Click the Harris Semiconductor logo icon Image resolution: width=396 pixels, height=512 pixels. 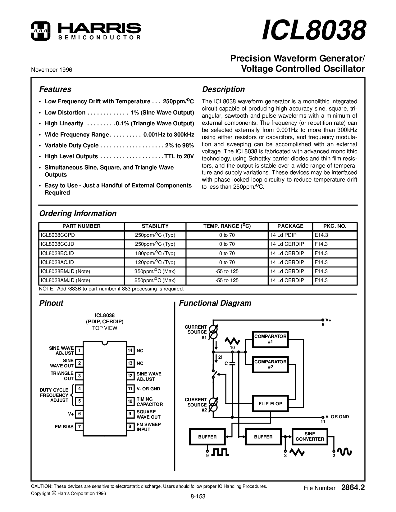40,31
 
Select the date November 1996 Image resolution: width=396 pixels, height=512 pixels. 52,70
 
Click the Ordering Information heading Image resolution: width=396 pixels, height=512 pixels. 78,213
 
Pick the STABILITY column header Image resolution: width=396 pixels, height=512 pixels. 155,226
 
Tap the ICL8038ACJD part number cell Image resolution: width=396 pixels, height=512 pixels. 57,262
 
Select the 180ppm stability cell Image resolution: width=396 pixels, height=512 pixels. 155,253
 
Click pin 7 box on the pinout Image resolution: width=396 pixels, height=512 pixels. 80,427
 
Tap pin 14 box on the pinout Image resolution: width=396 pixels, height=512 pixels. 130,351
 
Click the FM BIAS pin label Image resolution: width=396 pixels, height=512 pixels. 64,427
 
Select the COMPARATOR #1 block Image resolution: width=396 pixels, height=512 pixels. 270,339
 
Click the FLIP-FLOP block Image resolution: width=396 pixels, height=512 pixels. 270,404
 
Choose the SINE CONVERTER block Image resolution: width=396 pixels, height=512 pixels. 309,437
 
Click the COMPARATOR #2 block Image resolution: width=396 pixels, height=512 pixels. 270,364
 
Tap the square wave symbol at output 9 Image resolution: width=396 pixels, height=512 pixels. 220,452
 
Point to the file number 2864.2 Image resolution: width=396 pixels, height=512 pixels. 353,488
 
